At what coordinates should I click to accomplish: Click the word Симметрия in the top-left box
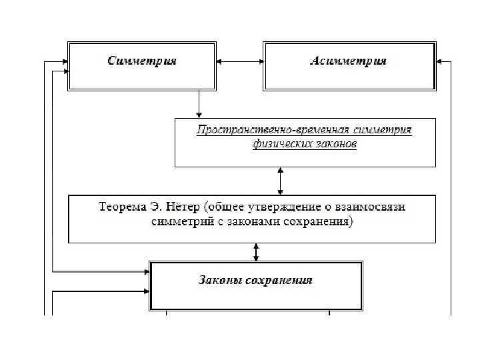[142, 61]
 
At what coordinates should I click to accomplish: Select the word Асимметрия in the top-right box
[349, 61]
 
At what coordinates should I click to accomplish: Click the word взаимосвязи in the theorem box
[377, 206]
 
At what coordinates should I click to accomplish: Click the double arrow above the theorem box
[280, 180]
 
